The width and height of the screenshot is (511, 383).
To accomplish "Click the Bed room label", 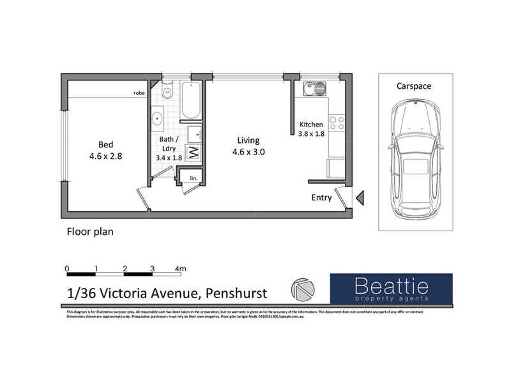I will tap(106, 144).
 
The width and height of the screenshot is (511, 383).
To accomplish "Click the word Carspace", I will tap(413, 86).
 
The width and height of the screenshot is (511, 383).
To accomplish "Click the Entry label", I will tap(321, 198).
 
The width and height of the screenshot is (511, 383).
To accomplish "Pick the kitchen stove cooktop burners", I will tap(337, 123).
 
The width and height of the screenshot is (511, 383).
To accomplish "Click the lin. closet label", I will tap(192, 178).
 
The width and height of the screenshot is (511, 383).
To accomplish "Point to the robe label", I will tap(139, 93).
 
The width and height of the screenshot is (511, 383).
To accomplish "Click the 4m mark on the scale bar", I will tap(180, 269).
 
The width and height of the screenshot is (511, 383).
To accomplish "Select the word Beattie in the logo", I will tap(391, 285).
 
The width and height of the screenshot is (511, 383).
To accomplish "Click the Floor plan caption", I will tap(90, 232).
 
